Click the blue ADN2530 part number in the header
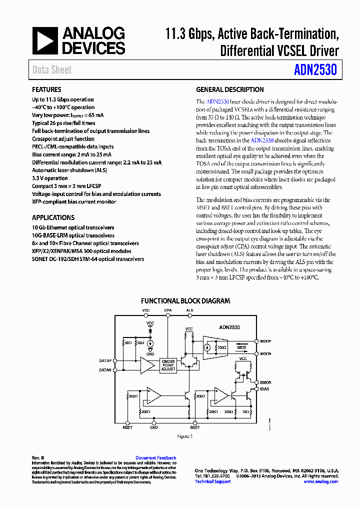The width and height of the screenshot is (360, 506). click(x=315, y=69)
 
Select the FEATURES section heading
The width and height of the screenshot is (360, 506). click(x=46, y=90)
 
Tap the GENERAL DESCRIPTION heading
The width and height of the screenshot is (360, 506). click(x=229, y=90)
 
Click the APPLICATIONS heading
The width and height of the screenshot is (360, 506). click(x=53, y=217)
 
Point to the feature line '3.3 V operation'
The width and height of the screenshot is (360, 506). click(x=50, y=178)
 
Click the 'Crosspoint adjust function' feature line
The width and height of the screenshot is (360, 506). click(x=63, y=139)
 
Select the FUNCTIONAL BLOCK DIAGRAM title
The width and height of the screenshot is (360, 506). click(x=185, y=301)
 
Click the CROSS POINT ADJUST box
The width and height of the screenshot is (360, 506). click(x=168, y=365)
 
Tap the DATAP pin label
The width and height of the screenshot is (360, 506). click(x=105, y=360)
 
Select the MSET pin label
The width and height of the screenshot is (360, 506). click(x=128, y=427)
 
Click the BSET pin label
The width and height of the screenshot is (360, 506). click(x=195, y=427)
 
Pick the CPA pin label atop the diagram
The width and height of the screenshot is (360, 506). click(x=168, y=310)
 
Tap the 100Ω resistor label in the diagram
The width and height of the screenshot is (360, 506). click(x=221, y=347)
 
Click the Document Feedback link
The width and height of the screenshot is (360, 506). click(x=156, y=458)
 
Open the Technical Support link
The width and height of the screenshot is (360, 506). click(x=212, y=481)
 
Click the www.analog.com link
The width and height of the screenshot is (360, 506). click(x=320, y=481)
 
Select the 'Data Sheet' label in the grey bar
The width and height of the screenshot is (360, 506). click(x=52, y=70)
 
